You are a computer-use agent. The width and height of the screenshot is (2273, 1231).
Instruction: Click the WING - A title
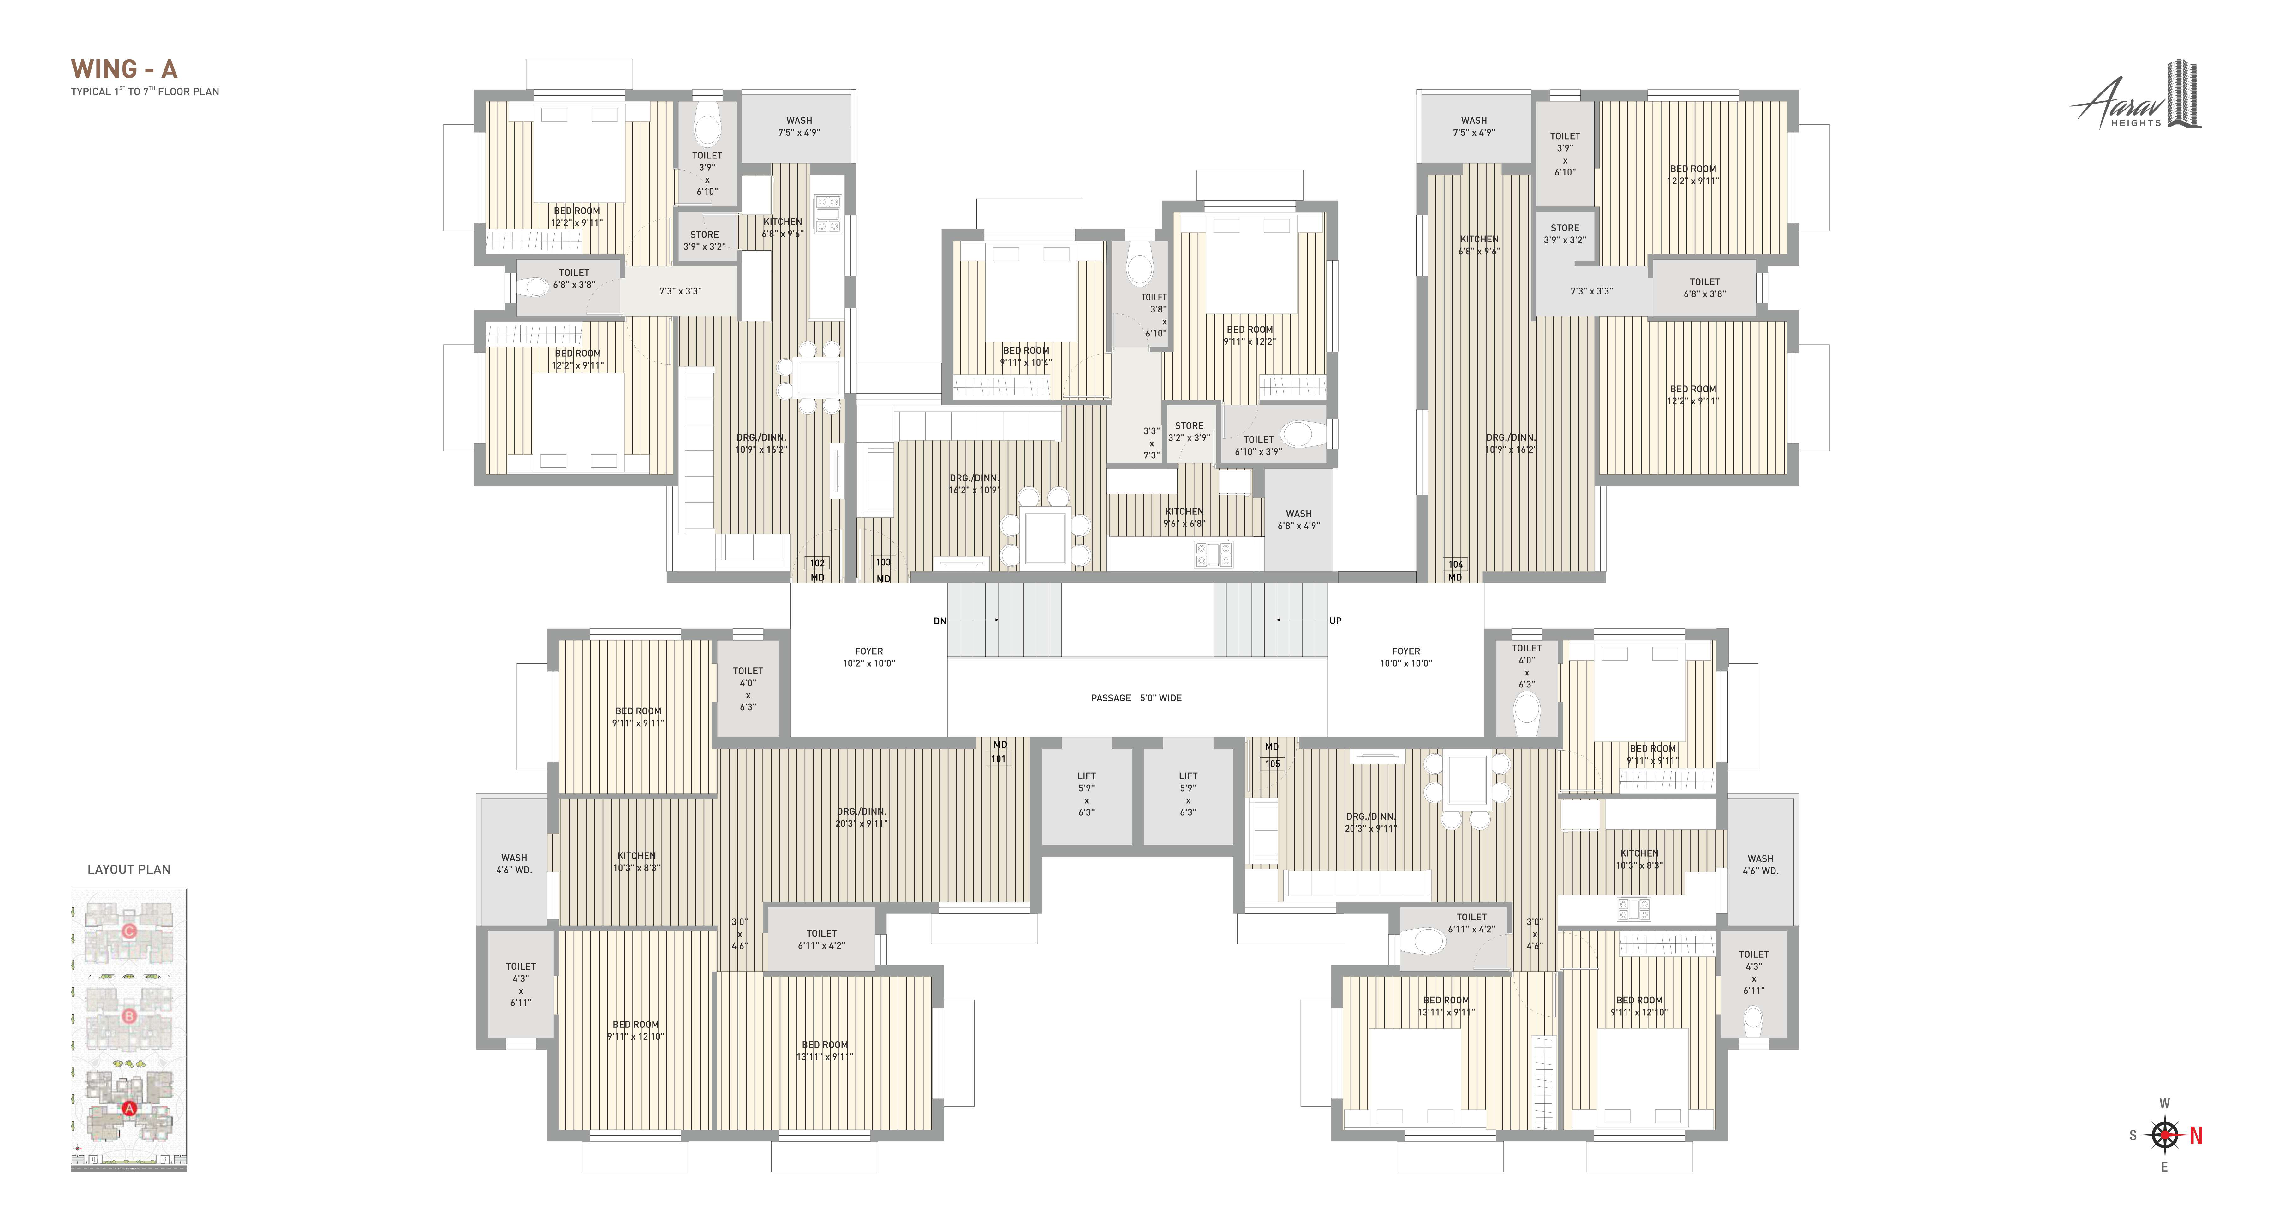124,69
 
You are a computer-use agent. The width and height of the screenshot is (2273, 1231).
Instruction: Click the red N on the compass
2196,1136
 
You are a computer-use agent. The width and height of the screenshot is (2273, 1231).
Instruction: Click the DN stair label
940,621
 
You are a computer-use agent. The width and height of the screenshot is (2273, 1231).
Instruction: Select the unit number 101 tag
998,759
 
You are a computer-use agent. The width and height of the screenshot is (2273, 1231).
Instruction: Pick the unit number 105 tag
1272,764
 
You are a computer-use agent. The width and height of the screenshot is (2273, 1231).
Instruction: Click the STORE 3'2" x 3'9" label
1189,431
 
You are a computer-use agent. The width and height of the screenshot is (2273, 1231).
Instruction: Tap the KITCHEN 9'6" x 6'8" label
1184,517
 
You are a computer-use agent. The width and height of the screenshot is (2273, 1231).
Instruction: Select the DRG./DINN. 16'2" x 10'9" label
974,484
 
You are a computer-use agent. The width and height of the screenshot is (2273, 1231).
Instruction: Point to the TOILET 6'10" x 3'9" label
1258,446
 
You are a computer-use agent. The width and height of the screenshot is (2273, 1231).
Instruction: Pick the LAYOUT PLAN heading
129,869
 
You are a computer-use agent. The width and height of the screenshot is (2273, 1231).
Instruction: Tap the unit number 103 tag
883,562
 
